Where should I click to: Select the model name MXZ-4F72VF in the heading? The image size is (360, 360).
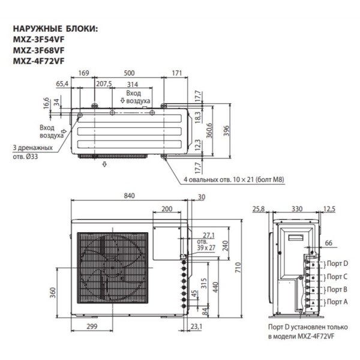(x=37, y=61)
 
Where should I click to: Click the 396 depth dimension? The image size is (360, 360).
(x=226, y=132)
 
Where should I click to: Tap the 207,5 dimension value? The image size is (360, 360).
(x=104, y=84)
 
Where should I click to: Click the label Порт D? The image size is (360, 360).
(x=337, y=263)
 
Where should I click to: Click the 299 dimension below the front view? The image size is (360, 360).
(x=92, y=326)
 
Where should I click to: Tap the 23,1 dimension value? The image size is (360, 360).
(x=196, y=326)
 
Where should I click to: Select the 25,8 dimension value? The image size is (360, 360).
(x=259, y=209)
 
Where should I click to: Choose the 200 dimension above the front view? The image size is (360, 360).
(x=167, y=209)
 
